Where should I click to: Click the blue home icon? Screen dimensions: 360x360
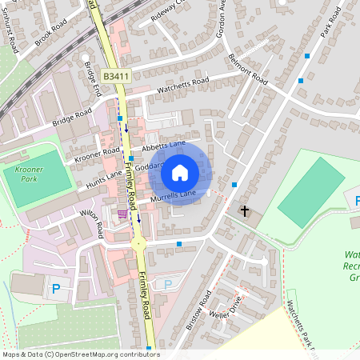pyautogui.click(x=180, y=172)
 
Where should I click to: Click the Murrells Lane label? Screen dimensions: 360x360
pyautogui.click(x=172, y=195)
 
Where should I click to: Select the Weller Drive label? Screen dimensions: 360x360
pyautogui.click(x=226, y=309)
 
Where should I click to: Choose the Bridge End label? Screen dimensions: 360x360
pyautogui.click(x=93, y=79)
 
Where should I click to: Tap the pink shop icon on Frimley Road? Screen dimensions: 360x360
pyautogui.click(x=122, y=214)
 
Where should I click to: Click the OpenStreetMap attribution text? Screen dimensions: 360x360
pyautogui.click(x=80, y=354)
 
